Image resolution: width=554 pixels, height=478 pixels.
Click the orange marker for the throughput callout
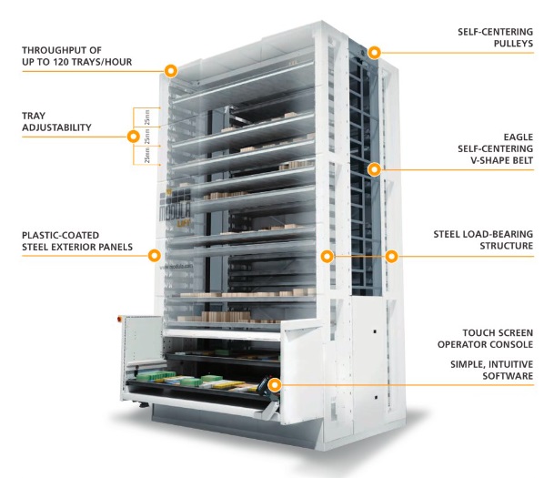170,69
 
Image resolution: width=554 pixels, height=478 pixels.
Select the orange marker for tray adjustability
134,137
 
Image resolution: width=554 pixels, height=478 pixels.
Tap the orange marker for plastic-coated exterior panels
154,256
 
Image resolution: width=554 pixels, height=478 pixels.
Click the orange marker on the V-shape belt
374,168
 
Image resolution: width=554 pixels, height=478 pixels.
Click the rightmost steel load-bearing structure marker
391,256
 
